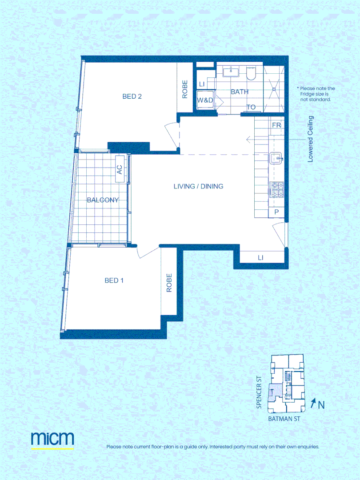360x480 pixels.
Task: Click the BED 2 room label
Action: pyautogui.click(x=132, y=96)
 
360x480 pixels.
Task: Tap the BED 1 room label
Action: pyautogui.click(x=114, y=280)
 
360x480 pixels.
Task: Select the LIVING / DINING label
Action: pyautogui.click(x=198, y=186)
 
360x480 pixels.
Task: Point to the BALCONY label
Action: pyautogui.click(x=103, y=200)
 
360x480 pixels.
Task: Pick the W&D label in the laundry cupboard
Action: pyautogui.click(x=205, y=100)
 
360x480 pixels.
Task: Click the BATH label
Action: pyautogui.click(x=240, y=92)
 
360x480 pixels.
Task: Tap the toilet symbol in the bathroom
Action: pyautogui.click(x=252, y=73)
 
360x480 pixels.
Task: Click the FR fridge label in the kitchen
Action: pyautogui.click(x=276, y=125)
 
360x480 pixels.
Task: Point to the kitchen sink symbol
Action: pyautogui.click(x=276, y=158)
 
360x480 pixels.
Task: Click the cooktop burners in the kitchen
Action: pyautogui.click(x=276, y=190)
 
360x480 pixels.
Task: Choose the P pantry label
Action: pyautogui.click(x=276, y=212)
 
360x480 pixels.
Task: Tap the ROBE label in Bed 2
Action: pyautogui.click(x=185, y=89)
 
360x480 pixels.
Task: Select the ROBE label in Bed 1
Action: pyautogui.click(x=169, y=282)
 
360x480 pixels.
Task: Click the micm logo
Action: pyautogui.click(x=52, y=438)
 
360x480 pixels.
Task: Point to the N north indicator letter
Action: pyautogui.click(x=321, y=405)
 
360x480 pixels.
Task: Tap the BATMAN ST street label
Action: pyautogui.click(x=285, y=419)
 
